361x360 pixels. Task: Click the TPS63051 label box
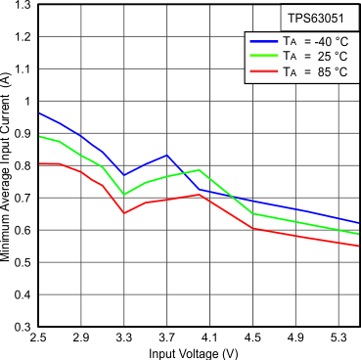(x=314, y=19)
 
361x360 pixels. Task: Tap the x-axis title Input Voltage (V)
(x=199, y=351)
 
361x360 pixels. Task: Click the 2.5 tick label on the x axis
(x=38, y=336)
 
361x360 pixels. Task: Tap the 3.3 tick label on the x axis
(x=124, y=336)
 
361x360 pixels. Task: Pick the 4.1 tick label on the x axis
(x=209, y=336)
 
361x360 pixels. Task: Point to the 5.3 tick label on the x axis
(x=338, y=336)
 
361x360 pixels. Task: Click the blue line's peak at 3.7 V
(x=166, y=156)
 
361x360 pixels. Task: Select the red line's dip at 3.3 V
(x=124, y=213)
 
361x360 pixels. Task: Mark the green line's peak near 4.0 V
(x=200, y=170)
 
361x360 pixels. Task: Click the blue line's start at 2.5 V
(x=38, y=112)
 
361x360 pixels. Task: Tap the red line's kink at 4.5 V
(x=252, y=228)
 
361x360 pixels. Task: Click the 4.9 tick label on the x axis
(x=295, y=336)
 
